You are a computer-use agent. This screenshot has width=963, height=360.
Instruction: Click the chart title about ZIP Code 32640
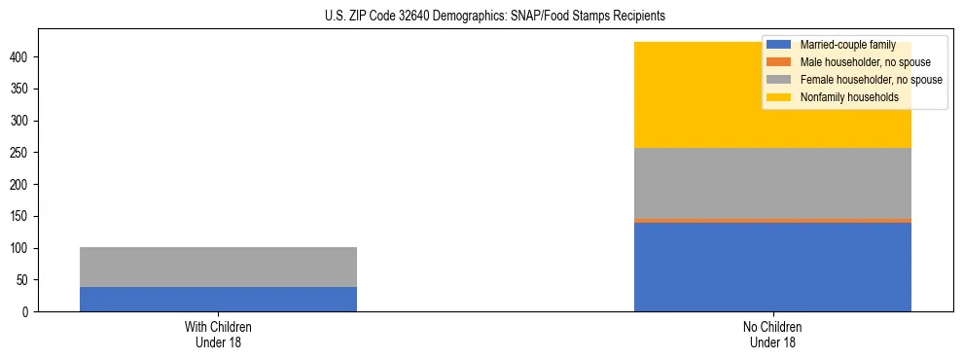[495, 17]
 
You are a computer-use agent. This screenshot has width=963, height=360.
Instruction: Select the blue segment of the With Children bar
[218, 299]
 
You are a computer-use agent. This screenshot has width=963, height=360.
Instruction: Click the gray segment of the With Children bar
[218, 267]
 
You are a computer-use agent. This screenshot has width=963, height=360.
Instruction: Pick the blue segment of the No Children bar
[772, 268]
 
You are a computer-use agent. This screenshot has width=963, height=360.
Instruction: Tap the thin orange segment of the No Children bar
[772, 221]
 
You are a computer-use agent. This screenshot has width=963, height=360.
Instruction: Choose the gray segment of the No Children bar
[772, 183]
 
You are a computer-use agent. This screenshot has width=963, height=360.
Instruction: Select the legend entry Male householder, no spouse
[856, 62]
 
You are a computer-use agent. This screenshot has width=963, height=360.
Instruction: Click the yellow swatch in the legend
[779, 97]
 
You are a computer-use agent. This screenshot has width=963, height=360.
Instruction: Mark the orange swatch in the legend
[779, 62]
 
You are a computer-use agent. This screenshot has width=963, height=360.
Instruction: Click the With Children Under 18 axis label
[218, 334]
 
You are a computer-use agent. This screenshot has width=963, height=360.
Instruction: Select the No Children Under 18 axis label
[772, 334]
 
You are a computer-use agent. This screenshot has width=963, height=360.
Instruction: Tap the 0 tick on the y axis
[28, 312]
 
